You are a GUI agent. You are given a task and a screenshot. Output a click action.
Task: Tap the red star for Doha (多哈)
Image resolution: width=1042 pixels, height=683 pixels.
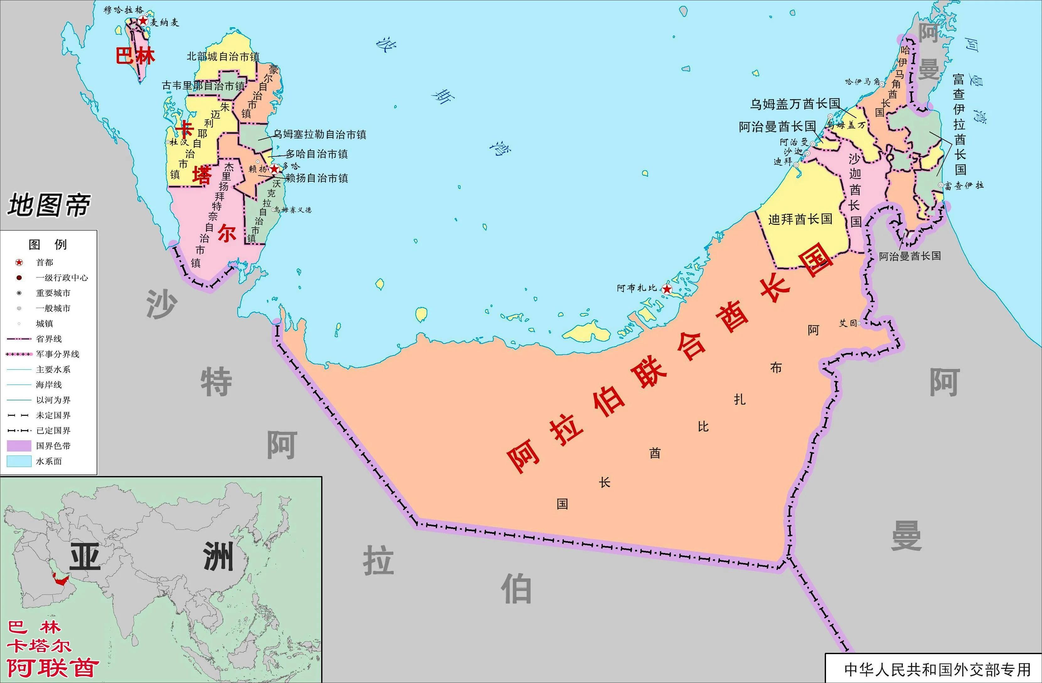(x=274, y=169)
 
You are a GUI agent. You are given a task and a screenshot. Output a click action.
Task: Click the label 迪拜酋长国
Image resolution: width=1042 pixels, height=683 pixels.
(x=800, y=219)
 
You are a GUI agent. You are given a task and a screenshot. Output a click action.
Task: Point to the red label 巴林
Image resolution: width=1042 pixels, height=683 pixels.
(x=135, y=56)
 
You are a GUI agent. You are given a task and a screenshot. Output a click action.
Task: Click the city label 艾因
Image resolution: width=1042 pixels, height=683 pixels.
(x=848, y=323)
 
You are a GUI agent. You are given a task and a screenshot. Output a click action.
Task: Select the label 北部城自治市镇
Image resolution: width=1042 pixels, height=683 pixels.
(x=223, y=57)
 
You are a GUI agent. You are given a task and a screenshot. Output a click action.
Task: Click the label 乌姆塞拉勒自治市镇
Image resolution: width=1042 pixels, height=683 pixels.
(x=320, y=134)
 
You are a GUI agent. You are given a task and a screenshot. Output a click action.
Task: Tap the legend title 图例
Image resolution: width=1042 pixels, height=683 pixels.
(x=48, y=244)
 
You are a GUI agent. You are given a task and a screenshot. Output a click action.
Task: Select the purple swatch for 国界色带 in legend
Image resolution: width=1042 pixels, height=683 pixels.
(x=19, y=446)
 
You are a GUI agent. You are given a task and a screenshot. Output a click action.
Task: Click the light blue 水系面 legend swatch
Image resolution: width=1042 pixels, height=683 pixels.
(x=19, y=461)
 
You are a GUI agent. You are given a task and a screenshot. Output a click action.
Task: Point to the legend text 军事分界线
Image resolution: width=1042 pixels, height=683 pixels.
(x=57, y=354)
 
